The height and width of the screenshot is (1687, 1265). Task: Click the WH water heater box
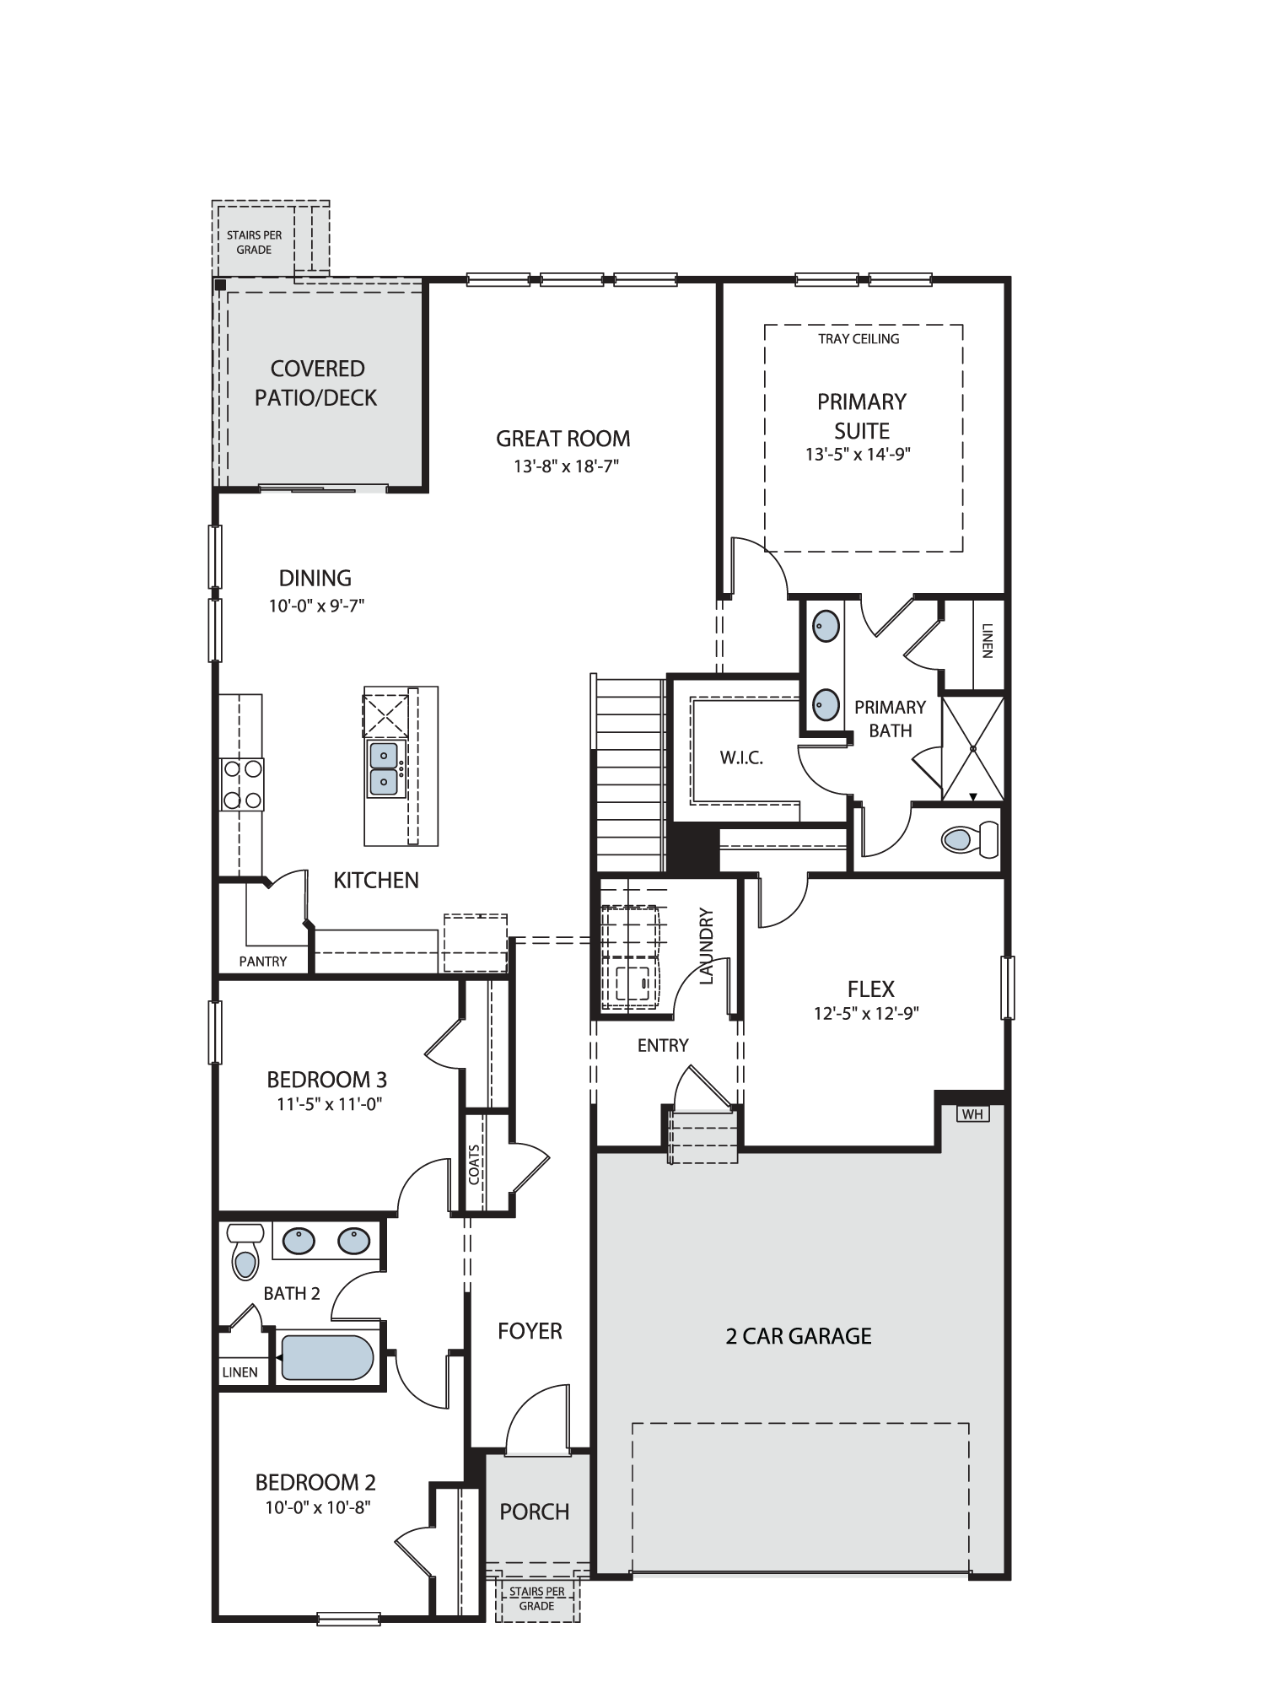pyautogui.click(x=972, y=1114)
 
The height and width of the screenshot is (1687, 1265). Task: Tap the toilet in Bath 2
pyautogui.click(x=244, y=1251)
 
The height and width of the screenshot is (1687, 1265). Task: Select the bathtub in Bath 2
pyautogui.click(x=327, y=1357)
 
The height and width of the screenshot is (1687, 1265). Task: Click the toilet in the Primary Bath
pyautogui.click(x=970, y=838)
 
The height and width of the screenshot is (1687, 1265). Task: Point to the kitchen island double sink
pyautogui.click(x=384, y=768)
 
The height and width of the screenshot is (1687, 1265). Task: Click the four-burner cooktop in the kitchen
pyautogui.click(x=241, y=784)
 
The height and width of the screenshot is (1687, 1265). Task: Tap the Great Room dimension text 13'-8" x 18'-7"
pyautogui.click(x=567, y=466)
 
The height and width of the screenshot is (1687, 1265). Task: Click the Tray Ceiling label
pyautogui.click(x=859, y=339)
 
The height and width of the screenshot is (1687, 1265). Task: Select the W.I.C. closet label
pyautogui.click(x=741, y=757)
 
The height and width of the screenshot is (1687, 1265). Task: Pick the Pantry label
pyautogui.click(x=263, y=961)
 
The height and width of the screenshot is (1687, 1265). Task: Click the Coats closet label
pyautogui.click(x=475, y=1164)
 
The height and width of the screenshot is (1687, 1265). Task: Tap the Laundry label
pyautogui.click(x=707, y=946)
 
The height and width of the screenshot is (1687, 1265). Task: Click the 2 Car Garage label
pyautogui.click(x=799, y=1336)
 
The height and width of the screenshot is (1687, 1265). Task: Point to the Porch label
pyautogui.click(x=535, y=1512)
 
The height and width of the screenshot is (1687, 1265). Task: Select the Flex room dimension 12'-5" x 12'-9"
pyautogui.click(x=866, y=1013)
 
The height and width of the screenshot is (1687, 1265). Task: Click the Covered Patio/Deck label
pyautogui.click(x=316, y=383)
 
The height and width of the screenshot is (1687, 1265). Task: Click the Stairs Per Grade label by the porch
pyautogui.click(x=537, y=1598)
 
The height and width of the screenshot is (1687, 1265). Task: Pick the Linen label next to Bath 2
pyautogui.click(x=240, y=1372)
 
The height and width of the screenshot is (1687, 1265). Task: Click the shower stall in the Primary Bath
pyautogui.click(x=972, y=748)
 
